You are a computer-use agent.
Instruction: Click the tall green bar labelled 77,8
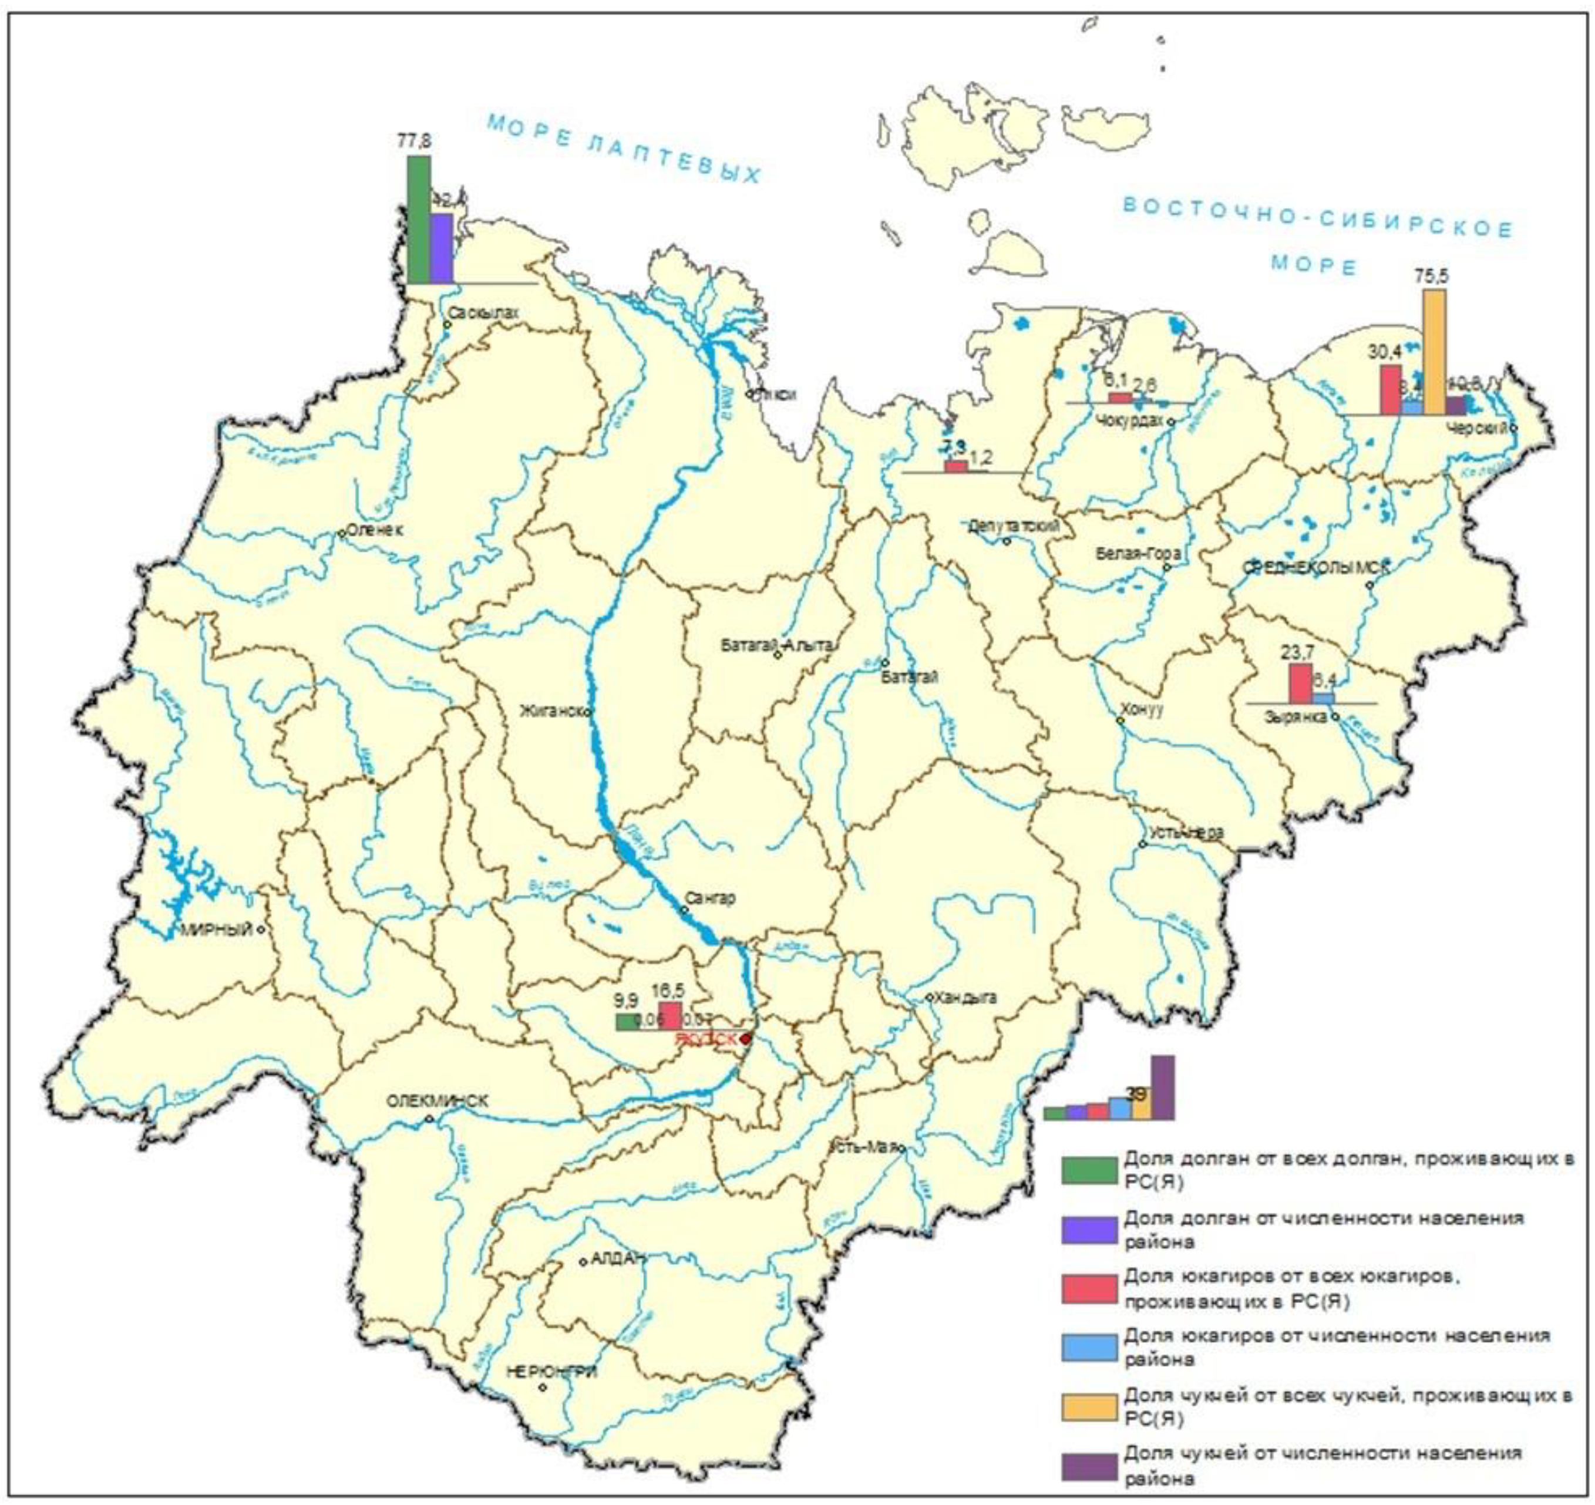pyautogui.click(x=418, y=219)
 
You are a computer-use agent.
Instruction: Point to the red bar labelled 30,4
pyautogui.click(x=1391, y=390)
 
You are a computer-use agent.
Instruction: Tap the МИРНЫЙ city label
pyautogui.click(x=216, y=930)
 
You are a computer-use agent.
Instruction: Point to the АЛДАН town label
pyautogui.click(x=618, y=1259)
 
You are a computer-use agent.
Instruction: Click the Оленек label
pyautogui.click(x=375, y=530)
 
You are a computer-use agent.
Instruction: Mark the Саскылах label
pyautogui.click(x=484, y=314)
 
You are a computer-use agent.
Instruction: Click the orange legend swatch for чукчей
pyautogui.click(x=1089, y=1406)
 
